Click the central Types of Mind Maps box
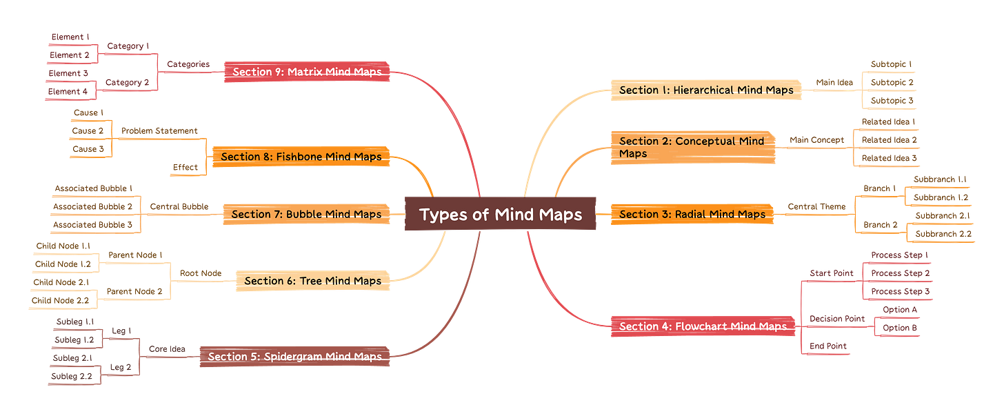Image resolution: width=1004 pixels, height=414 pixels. [501, 214]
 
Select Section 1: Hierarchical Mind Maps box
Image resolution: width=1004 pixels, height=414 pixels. [706, 90]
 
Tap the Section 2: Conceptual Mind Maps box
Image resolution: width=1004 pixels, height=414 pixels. [692, 147]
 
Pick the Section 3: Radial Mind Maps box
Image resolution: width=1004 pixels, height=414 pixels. [692, 214]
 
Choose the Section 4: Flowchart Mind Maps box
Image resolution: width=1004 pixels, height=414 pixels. [702, 326]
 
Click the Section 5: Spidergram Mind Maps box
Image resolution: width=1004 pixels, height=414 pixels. [294, 356]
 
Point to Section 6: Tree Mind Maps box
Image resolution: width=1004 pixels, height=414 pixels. [312, 281]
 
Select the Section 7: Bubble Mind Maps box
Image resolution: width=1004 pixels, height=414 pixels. [306, 214]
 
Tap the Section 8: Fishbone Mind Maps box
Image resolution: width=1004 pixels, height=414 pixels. [301, 157]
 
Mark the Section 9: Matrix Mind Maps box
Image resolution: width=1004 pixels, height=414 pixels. [307, 72]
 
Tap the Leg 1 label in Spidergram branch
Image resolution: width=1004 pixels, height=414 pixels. [121, 331]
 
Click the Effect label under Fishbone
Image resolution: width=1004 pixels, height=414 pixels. [187, 166]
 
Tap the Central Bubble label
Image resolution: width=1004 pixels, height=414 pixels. [169, 205]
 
